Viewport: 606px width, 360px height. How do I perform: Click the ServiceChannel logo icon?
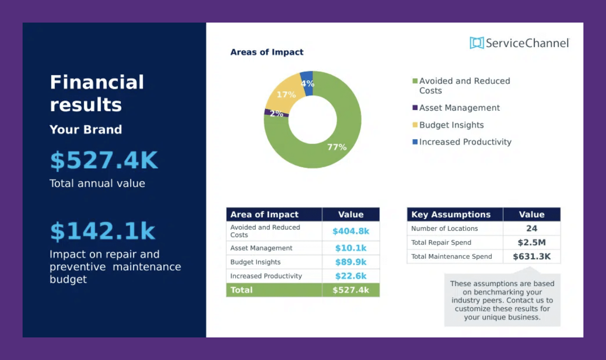click(476, 43)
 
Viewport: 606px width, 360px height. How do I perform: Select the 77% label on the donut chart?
click(336, 147)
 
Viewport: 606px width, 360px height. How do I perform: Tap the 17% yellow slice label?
click(286, 95)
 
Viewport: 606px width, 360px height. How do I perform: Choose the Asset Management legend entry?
click(459, 108)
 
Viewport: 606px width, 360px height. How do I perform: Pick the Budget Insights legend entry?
click(451, 125)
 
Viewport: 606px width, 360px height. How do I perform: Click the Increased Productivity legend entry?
click(465, 142)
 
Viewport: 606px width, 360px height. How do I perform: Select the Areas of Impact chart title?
click(267, 52)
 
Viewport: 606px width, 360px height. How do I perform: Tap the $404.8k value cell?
click(351, 231)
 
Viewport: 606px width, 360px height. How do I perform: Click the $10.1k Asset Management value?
click(351, 248)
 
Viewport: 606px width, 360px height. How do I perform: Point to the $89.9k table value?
click(351, 262)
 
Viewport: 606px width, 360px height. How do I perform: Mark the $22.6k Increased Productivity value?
click(351, 276)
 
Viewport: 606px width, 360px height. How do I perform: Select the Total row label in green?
click(241, 290)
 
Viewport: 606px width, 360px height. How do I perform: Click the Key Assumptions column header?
click(451, 214)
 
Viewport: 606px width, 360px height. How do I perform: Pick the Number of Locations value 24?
click(531, 229)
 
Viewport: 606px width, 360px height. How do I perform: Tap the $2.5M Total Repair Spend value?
click(531, 242)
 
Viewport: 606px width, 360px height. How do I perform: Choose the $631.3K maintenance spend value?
click(531, 256)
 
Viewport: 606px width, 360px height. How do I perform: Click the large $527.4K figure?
click(104, 160)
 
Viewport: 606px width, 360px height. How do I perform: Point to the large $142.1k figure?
click(102, 231)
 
